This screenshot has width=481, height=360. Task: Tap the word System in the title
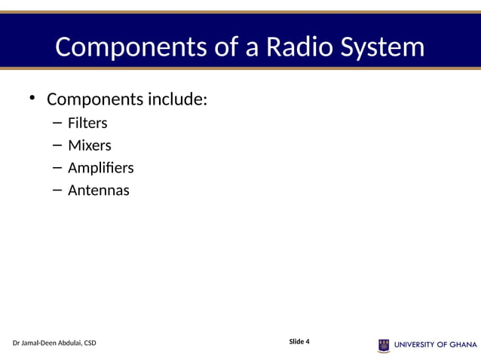pyautogui.click(x=383, y=47)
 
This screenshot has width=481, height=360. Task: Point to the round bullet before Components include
pyautogui.click(x=32, y=98)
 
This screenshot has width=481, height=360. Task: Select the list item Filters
pyautogui.click(x=87, y=123)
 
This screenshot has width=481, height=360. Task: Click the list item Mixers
pyautogui.click(x=89, y=145)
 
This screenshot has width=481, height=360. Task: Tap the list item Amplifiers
pyautogui.click(x=100, y=168)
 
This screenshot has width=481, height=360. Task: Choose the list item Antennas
pyautogui.click(x=98, y=191)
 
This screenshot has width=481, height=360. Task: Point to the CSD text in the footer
pyautogui.click(x=89, y=343)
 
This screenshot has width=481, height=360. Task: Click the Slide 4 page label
pyautogui.click(x=299, y=342)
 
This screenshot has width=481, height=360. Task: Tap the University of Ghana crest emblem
pyautogui.click(x=384, y=346)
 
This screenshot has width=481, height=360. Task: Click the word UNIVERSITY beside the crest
pyautogui.click(x=415, y=346)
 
